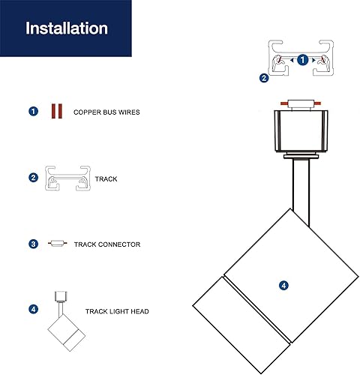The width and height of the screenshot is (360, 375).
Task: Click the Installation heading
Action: point(67,28)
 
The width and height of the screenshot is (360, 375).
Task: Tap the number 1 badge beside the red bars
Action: point(33,112)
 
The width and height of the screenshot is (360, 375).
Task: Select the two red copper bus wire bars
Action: point(55,112)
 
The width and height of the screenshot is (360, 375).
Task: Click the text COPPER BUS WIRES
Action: point(106,112)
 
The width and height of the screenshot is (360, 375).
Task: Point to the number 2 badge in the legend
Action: point(33,179)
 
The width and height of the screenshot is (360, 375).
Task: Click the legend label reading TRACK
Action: point(106,180)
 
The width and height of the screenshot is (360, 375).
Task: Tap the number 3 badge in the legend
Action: point(33,244)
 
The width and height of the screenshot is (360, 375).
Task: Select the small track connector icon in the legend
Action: point(57,244)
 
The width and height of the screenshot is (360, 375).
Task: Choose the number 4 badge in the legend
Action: point(33,309)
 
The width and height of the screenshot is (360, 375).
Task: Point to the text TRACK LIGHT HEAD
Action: point(115,310)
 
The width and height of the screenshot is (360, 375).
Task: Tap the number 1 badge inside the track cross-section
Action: point(302,59)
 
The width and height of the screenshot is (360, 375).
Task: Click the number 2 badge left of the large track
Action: point(264,77)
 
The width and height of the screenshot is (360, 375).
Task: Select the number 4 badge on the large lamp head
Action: point(283,285)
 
